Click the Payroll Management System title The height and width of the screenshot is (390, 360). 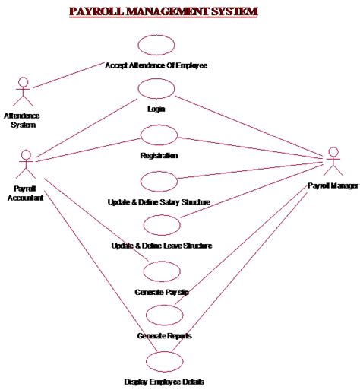click(x=163, y=12)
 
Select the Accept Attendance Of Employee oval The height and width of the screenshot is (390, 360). click(x=156, y=45)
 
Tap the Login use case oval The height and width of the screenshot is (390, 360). click(x=156, y=90)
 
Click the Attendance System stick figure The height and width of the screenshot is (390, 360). click(x=24, y=91)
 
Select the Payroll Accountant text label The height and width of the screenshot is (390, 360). click(x=28, y=192)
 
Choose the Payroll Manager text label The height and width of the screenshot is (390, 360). click(x=332, y=185)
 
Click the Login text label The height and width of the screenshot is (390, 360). click(x=156, y=109)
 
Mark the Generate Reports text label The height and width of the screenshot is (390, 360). click(x=163, y=335)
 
